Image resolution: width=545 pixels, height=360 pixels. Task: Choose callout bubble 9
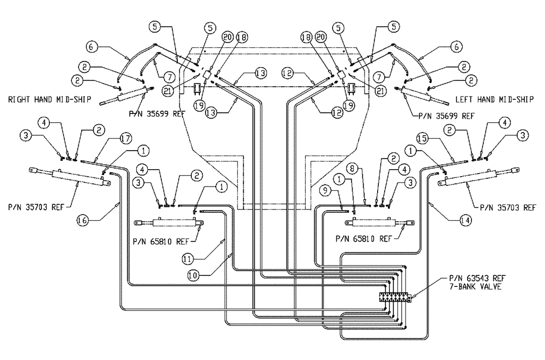coord(325,191)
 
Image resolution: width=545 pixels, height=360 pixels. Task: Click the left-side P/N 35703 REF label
coord(34,207)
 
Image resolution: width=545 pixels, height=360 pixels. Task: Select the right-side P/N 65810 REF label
coord(364,238)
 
